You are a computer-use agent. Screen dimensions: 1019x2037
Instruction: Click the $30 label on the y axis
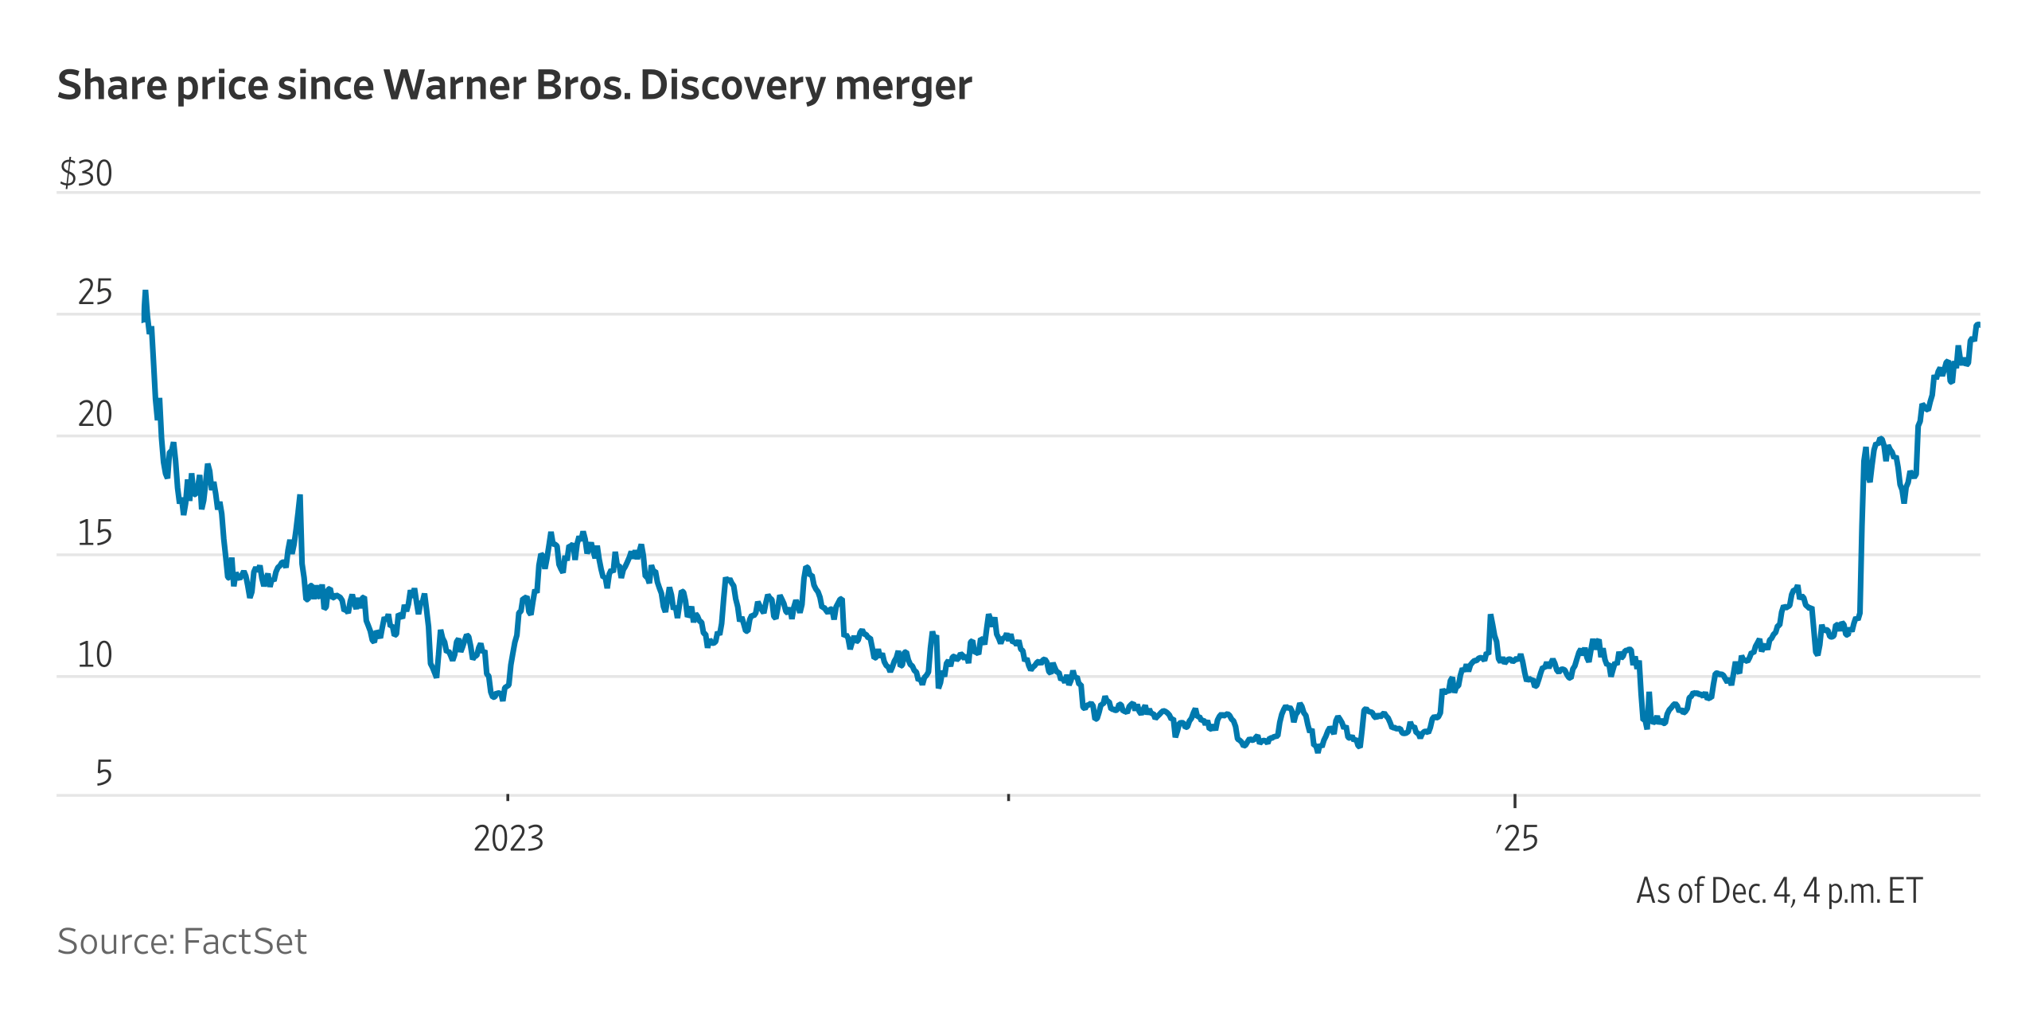pos(86,174)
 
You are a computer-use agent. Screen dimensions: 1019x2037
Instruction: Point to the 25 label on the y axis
pos(95,294)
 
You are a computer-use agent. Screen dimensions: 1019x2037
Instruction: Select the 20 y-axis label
pos(95,415)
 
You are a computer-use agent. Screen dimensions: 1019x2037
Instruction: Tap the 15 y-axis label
pos(95,533)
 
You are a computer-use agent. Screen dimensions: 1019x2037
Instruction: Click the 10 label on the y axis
pos(95,655)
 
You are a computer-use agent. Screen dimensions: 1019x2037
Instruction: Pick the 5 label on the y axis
pos(103,774)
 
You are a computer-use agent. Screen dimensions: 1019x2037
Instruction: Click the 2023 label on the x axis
pos(508,838)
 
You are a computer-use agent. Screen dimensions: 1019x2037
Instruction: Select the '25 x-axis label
pos(1517,838)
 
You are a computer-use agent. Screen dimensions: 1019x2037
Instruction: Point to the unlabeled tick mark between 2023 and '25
pos(1008,796)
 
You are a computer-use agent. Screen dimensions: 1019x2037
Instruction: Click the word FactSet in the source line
pos(244,942)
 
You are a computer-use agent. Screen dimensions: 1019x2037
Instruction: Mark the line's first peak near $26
pos(145,292)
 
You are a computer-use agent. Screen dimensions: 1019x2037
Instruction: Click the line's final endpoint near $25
pos(1978,325)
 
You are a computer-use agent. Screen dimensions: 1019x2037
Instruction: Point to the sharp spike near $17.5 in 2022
pos(300,497)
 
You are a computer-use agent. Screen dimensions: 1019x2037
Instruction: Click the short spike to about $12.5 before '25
pos(1490,616)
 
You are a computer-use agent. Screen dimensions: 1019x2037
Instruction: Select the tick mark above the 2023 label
pos(508,796)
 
